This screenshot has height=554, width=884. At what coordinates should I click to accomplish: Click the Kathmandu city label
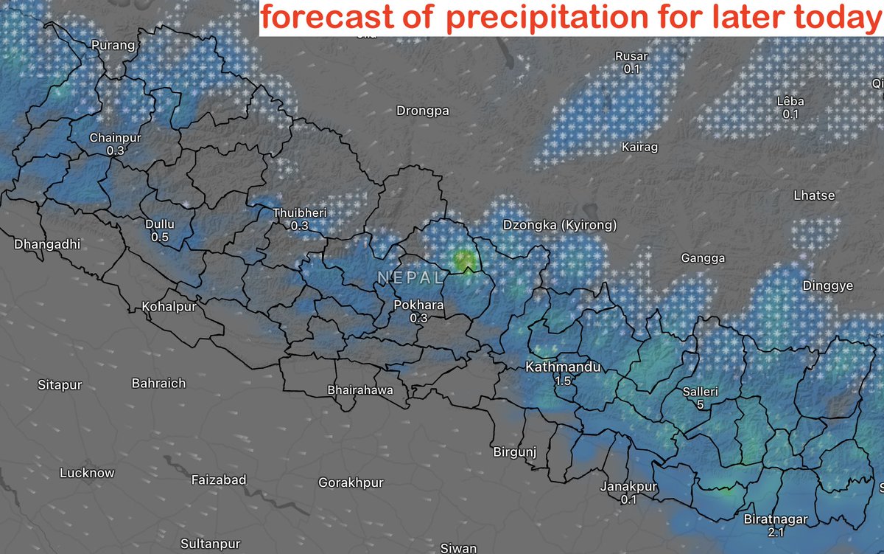pyautogui.click(x=563, y=367)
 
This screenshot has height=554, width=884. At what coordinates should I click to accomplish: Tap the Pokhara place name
pyautogui.click(x=419, y=304)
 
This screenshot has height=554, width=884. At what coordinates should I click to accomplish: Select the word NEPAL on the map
pyautogui.click(x=410, y=278)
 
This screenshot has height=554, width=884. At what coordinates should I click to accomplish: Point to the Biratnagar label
pyautogui.click(x=776, y=519)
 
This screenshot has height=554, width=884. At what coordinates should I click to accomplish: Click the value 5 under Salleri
pyautogui.click(x=700, y=405)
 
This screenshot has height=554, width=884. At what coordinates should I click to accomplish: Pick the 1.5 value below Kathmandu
pyautogui.click(x=564, y=381)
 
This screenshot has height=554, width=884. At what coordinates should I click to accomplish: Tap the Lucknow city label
pyautogui.click(x=87, y=473)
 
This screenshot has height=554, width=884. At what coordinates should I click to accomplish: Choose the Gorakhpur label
pyautogui.click(x=351, y=483)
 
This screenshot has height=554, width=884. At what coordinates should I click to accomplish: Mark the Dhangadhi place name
pyautogui.click(x=46, y=243)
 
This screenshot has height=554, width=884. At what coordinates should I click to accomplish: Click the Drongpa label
pyautogui.click(x=422, y=111)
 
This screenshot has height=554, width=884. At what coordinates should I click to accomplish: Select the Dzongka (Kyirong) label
pyautogui.click(x=559, y=225)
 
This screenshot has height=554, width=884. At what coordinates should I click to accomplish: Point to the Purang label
pyautogui.click(x=113, y=46)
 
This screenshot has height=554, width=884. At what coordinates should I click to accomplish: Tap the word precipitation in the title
pyautogui.click(x=550, y=18)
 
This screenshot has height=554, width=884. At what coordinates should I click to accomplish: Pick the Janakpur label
pyautogui.click(x=628, y=487)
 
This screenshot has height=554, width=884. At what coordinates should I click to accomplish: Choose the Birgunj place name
pyautogui.click(x=514, y=451)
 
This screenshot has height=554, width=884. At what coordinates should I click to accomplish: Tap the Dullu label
pyautogui.click(x=161, y=224)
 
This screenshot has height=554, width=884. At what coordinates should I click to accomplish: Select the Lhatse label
pyautogui.click(x=814, y=195)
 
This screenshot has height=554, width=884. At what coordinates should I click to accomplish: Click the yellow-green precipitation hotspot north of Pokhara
pyautogui.click(x=463, y=260)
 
